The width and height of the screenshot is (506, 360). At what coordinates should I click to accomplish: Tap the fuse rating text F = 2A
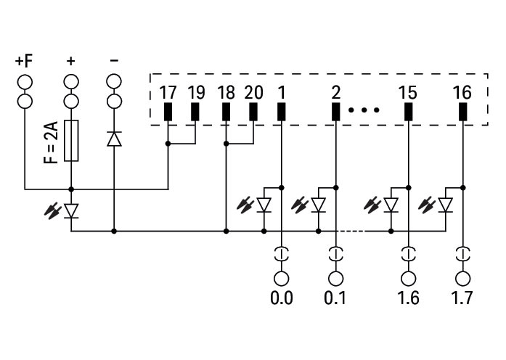[x=50, y=142]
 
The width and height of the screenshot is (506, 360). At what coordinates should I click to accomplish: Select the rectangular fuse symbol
[x=71, y=140]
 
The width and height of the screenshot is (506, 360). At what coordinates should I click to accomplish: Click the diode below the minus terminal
[x=114, y=138]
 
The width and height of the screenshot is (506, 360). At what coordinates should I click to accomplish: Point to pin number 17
[x=168, y=93]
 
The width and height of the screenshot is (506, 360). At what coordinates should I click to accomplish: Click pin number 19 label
[x=195, y=93]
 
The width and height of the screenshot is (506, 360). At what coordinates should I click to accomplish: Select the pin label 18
[x=226, y=93]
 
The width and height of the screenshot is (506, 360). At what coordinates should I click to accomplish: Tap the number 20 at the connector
[x=253, y=93]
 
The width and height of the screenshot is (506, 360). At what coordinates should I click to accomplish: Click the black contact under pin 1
[x=281, y=112]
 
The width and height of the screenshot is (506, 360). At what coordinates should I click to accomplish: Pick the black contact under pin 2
[x=335, y=112]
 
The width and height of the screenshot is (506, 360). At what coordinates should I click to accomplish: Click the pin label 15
[x=408, y=93]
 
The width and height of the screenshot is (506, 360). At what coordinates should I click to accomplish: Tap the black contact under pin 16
[x=462, y=112]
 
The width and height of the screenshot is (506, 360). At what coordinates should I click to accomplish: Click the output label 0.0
[x=281, y=298]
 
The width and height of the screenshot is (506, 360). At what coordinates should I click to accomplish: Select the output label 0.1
[x=335, y=298]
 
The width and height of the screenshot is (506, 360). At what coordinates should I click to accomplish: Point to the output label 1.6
[x=408, y=298]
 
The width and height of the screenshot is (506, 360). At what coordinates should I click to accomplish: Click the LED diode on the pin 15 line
[x=392, y=206]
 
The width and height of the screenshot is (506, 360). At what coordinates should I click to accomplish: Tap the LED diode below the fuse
[x=71, y=211]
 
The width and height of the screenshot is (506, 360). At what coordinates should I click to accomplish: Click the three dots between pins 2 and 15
[x=364, y=111]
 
